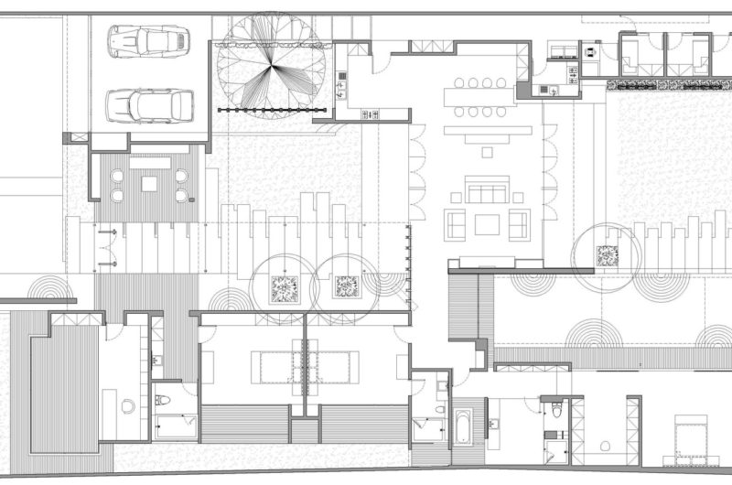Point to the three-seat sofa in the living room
pyautogui.click(x=486, y=192)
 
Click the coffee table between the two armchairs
pyautogui.click(x=487, y=223)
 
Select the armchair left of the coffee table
pyautogui.click(x=457, y=223)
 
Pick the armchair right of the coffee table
pyautogui.click(x=519, y=223)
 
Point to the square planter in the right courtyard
pyautogui.click(x=607, y=256)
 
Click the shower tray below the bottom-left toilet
pyautogui.click(x=174, y=427)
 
